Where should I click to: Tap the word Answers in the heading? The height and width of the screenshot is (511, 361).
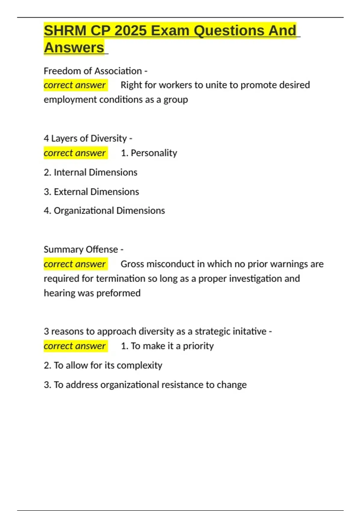click(x=74, y=48)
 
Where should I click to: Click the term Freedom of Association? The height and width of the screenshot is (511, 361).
click(x=93, y=71)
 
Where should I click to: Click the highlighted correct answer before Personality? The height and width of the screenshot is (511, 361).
click(x=75, y=153)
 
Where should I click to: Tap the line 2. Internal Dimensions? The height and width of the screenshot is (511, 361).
click(x=91, y=173)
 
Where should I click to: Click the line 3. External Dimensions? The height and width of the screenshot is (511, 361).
click(x=91, y=192)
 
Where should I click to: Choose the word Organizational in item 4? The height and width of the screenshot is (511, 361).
click(x=84, y=211)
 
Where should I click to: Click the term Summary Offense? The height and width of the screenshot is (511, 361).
click(x=81, y=249)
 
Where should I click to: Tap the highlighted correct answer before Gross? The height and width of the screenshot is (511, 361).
click(x=75, y=264)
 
